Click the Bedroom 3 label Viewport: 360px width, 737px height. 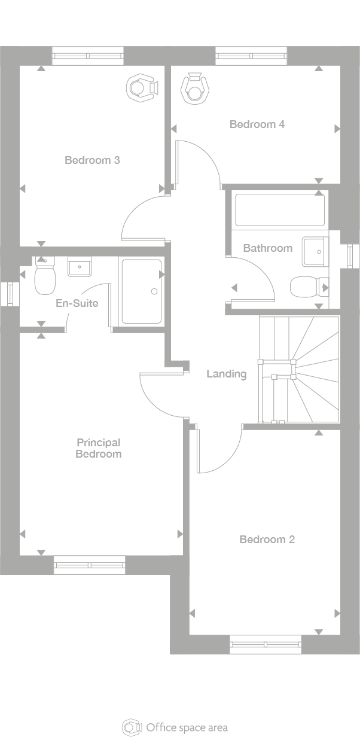92,160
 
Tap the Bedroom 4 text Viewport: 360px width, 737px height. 257,124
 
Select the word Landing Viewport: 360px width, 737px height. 227,374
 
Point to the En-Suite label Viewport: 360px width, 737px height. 77,303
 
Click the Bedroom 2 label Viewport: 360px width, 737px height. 267,540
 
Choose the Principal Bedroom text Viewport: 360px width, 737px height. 99,449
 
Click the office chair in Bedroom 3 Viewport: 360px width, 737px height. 142,88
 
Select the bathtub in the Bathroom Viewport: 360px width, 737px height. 280,209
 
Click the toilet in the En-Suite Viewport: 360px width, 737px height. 45,276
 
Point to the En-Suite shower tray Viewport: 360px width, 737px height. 142,291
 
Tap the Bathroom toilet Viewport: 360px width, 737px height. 309,287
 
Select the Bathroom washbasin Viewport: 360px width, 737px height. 316,251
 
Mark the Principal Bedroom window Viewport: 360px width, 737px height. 90,565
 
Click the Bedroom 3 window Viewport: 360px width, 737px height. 88,56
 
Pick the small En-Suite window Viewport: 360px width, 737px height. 10,294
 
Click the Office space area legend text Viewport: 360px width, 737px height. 187,727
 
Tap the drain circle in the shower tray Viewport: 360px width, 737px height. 154,291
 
